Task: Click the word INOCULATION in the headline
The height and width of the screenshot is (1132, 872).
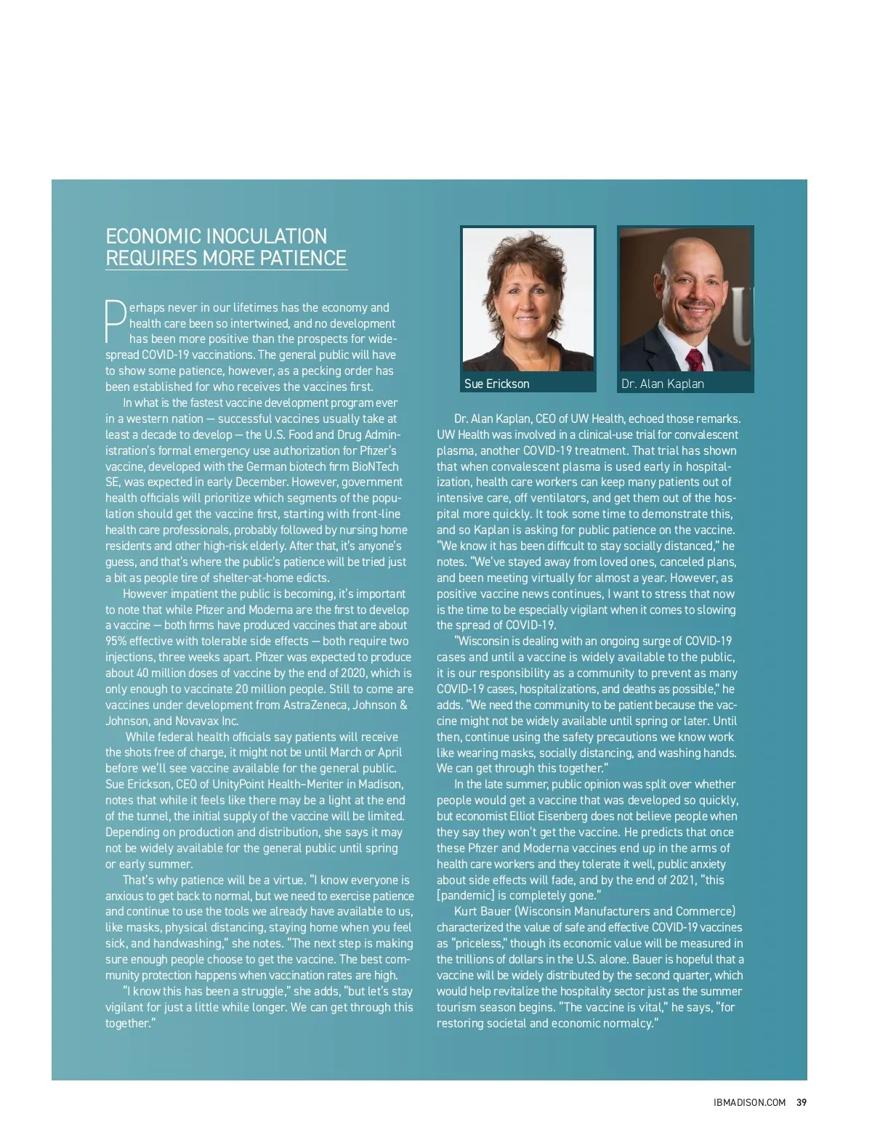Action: click(x=267, y=236)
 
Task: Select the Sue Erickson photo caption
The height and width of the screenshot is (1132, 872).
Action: click(x=497, y=384)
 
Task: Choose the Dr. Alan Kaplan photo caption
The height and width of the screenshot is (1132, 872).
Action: click(x=663, y=384)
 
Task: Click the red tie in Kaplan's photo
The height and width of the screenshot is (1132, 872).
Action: click(x=695, y=359)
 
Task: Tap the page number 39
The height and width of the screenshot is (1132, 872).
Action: click(x=802, y=1102)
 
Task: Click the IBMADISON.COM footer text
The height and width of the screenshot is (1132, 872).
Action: click(x=749, y=1102)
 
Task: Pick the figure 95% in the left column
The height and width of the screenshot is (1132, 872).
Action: click(x=117, y=641)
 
